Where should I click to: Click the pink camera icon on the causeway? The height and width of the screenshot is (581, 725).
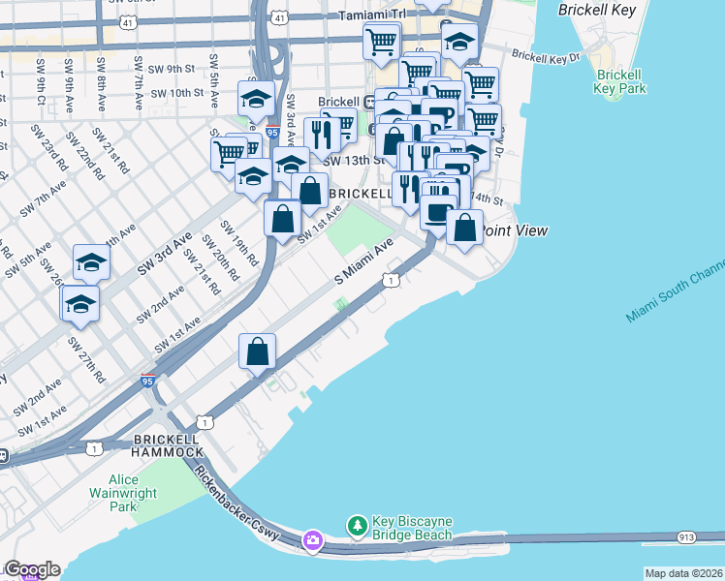[312, 539]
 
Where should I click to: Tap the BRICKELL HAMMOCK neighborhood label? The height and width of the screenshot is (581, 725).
[168, 443]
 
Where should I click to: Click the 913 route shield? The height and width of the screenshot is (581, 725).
[687, 535]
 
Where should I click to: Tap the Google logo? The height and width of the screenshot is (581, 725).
[32, 569]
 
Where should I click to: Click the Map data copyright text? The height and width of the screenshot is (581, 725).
[683, 573]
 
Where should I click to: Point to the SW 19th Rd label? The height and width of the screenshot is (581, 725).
[240, 242]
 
